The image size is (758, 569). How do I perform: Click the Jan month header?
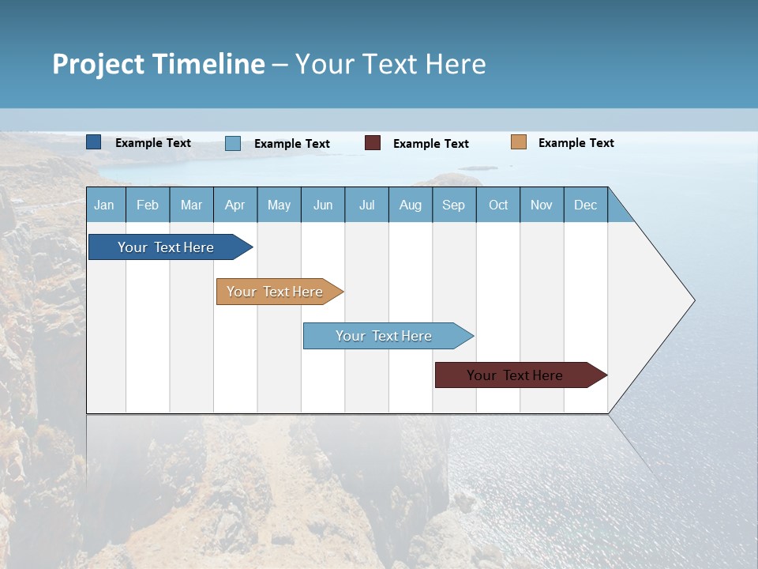pyautogui.click(x=104, y=205)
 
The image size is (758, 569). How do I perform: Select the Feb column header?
pyautogui.click(x=148, y=205)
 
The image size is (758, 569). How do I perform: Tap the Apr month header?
pyautogui.click(x=235, y=205)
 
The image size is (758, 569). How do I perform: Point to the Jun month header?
pyautogui.click(x=323, y=205)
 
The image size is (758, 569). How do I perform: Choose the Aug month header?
pyautogui.click(x=410, y=205)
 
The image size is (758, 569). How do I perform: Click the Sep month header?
pyautogui.click(x=453, y=205)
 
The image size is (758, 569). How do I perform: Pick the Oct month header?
pyautogui.click(x=498, y=205)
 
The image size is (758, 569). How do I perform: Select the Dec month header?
pyautogui.click(x=585, y=205)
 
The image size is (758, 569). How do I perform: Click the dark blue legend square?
pyautogui.click(x=94, y=142)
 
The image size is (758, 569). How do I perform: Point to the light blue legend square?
pyautogui.click(x=233, y=143)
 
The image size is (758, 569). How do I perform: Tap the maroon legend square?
pyautogui.click(x=373, y=143)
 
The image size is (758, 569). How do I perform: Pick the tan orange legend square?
pyautogui.click(x=518, y=142)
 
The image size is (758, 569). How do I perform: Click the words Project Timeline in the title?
pyautogui.click(x=159, y=64)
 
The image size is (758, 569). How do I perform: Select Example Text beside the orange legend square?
pyautogui.click(x=576, y=143)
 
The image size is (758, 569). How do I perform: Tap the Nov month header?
pyautogui.click(x=542, y=205)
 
